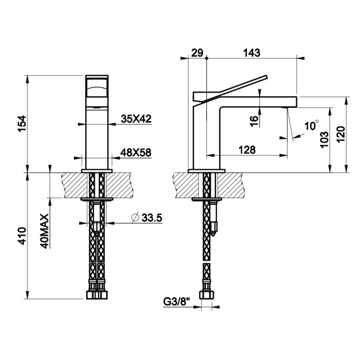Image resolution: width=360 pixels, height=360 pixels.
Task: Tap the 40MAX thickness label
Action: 44,231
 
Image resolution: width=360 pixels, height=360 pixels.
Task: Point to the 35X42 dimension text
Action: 136,118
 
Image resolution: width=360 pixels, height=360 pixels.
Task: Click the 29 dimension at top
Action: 196,52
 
